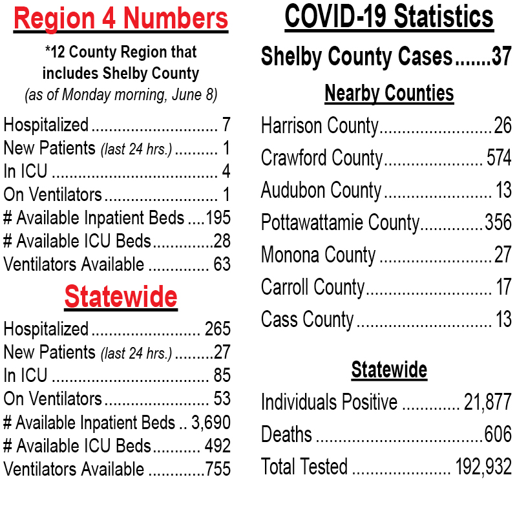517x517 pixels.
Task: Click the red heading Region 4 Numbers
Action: point(121,19)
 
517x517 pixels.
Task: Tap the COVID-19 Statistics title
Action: point(389,17)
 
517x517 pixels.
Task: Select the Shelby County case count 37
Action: point(501,56)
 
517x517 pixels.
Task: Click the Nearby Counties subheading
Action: point(389,93)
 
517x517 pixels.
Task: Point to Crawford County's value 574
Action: point(499,158)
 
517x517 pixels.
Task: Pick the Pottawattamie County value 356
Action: point(498,222)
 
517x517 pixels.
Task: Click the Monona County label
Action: point(318,255)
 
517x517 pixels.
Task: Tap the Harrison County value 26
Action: point(503,125)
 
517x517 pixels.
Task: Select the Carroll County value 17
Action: point(504,286)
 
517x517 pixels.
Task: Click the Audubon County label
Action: point(321,190)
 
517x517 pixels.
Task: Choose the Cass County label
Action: point(308,319)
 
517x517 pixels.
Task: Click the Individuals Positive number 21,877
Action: point(488,402)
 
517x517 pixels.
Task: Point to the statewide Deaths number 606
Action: point(498,434)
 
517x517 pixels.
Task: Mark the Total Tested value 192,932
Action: point(483,467)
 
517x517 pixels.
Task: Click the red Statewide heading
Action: point(121,297)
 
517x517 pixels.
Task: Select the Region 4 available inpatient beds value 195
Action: point(218,218)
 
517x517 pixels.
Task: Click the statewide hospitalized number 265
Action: point(218,329)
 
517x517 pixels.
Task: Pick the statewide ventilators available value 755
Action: point(218,469)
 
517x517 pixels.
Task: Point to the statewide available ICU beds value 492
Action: point(218,446)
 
